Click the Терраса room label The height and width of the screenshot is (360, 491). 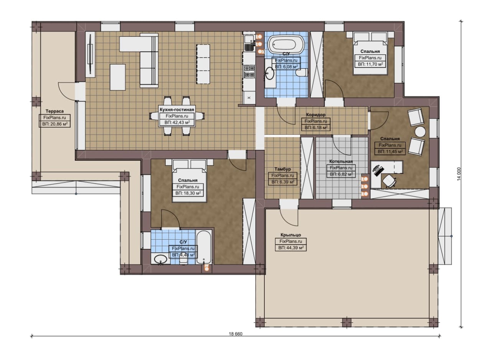point(54,111)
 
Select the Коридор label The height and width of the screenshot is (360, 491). point(316,115)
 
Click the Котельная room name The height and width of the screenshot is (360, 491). point(341,161)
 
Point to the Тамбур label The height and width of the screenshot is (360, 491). point(283,169)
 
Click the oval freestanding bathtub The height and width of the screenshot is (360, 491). point(287,44)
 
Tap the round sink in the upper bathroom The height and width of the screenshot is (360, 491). point(270,73)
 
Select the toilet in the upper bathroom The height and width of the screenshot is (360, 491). point(301,72)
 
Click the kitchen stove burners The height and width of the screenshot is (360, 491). point(249,71)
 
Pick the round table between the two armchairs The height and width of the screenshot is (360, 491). point(420,132)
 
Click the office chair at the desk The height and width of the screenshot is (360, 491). point(389,181)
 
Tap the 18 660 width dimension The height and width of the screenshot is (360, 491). point(236,334)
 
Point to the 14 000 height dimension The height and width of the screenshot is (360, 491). point(459,174)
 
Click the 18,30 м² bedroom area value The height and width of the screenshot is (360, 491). point(188,193)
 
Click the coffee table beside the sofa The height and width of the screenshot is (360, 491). point(118,77)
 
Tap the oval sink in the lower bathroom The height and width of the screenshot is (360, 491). point(161,260)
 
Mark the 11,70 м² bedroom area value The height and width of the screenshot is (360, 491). point(371,64)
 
